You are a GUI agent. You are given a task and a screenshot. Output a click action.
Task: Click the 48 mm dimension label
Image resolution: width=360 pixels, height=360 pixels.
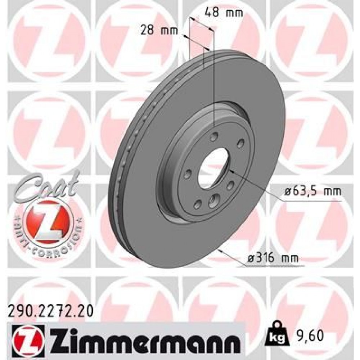[224, 12]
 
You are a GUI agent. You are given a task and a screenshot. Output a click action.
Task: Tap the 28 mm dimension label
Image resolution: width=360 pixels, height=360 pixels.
[159, 31]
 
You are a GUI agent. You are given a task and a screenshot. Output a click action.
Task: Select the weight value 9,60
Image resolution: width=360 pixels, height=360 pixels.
[308, 336]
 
